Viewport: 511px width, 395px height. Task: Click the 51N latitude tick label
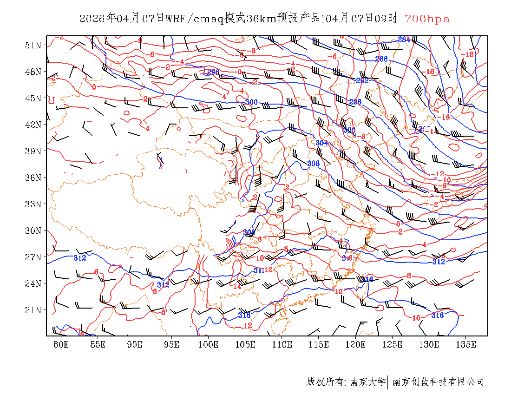[x=33, y=45]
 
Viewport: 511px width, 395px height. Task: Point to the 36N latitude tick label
[x=33, y=178]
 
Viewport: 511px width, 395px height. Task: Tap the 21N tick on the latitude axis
[x=33, y=310]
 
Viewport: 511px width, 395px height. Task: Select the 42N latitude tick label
[x=33, y=125]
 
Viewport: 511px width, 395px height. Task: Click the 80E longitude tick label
[x=61, y=344]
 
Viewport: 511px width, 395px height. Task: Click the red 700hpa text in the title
[x=427, y=19]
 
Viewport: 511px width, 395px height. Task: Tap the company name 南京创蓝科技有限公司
[x=438, y=382]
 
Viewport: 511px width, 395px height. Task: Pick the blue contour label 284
[x=404, y=39]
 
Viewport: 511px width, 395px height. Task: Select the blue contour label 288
[x=381, y=59]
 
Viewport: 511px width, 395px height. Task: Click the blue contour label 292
[x=362, y=80]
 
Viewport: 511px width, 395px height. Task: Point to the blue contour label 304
[x=321, y=143]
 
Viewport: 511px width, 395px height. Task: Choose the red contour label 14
[x=237, y=286]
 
